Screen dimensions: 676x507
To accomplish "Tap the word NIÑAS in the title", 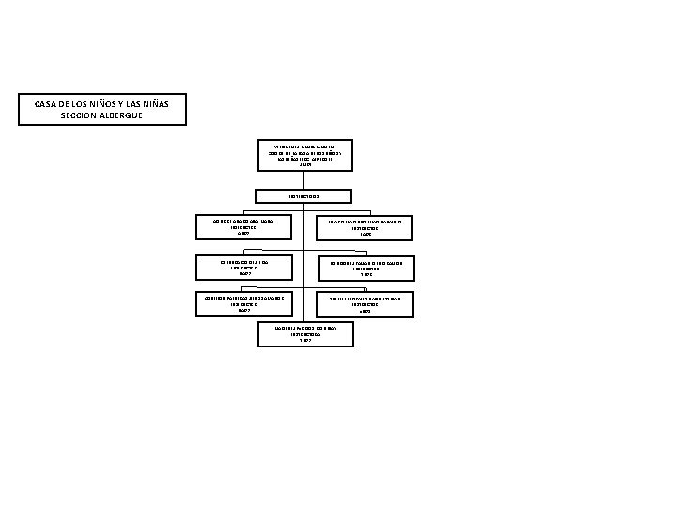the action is (168, 103).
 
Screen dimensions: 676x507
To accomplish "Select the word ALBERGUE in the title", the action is (123, 115).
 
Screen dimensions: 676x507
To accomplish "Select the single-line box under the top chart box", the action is (305, 196).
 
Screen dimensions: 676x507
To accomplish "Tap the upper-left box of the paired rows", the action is (243, 226).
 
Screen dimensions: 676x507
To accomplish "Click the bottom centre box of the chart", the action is (305, 334).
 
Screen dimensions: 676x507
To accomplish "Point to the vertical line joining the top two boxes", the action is (305, 179).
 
